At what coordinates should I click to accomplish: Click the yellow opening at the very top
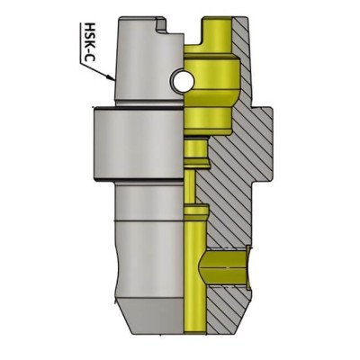click(213, 27)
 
